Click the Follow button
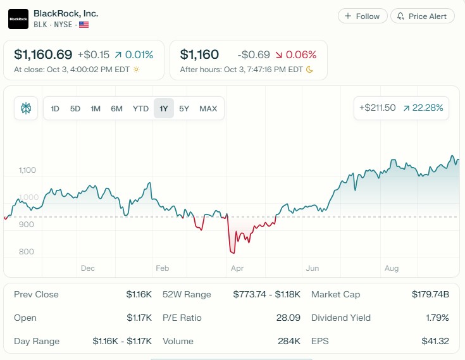pos(362,16)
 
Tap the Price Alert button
pos(423,16)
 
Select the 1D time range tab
pos(55,108)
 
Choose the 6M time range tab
pos(116,108)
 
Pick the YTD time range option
pos(140,108)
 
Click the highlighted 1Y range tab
pos(164,108)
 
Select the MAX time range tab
pos(208,108)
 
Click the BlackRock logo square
pos(18,19)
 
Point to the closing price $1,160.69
pos(43,54)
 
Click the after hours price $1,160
pos(199,54)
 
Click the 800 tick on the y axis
pos(27,252)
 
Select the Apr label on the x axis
pos(237,268)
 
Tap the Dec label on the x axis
pos(88,268)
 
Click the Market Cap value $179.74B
pos(430,294)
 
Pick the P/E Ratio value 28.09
pos(288,318)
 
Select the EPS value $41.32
pos(435,341)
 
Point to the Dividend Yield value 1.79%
pos(437,318)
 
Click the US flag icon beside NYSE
pos(84,25)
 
